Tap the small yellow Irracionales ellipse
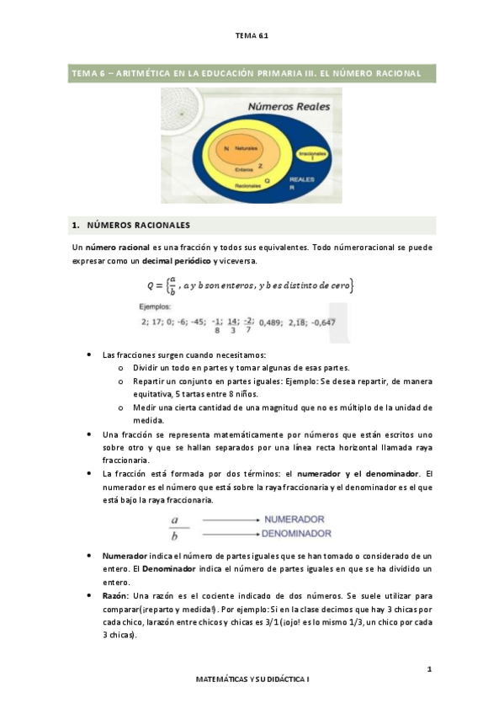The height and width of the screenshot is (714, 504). (x=313, y=158)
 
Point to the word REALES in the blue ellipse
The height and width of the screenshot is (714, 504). (x=303, y=179)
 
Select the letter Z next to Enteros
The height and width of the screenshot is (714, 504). (x=260, y=166)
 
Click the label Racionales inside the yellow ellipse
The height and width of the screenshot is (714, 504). (x=247, y=184)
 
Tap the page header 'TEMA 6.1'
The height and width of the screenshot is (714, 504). (x=252, y=35)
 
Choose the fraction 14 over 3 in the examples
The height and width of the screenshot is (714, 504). (x=232, y=326)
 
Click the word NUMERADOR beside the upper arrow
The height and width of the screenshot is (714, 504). (x=294, y=520)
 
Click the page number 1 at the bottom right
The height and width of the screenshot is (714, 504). (x=429, y=669)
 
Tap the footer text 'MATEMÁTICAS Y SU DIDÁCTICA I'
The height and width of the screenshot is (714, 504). (x=252, y=678)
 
